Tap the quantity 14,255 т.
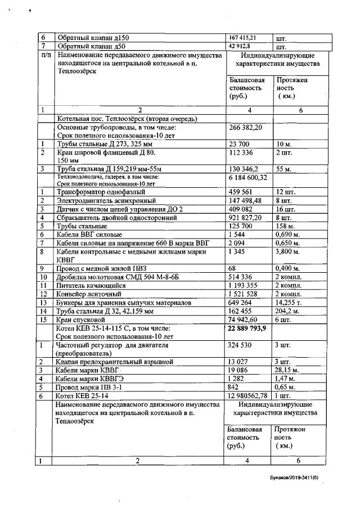coord(289,303)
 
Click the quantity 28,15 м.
coord(287,370)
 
